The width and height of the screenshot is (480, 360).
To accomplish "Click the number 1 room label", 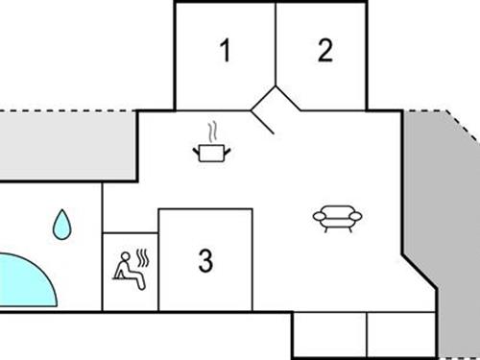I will tap(226, 51).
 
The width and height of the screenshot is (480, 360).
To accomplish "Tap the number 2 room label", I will tap(325, 51).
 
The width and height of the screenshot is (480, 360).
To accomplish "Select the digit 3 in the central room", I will tap(204, 259).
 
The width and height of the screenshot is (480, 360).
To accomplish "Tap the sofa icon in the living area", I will tap(338, 219).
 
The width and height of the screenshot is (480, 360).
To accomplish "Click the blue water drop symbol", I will tap(61, 225).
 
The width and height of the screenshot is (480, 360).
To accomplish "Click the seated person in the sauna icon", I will tap(126, 268).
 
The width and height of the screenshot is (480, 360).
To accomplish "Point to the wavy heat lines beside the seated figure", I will tap(145, 257).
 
